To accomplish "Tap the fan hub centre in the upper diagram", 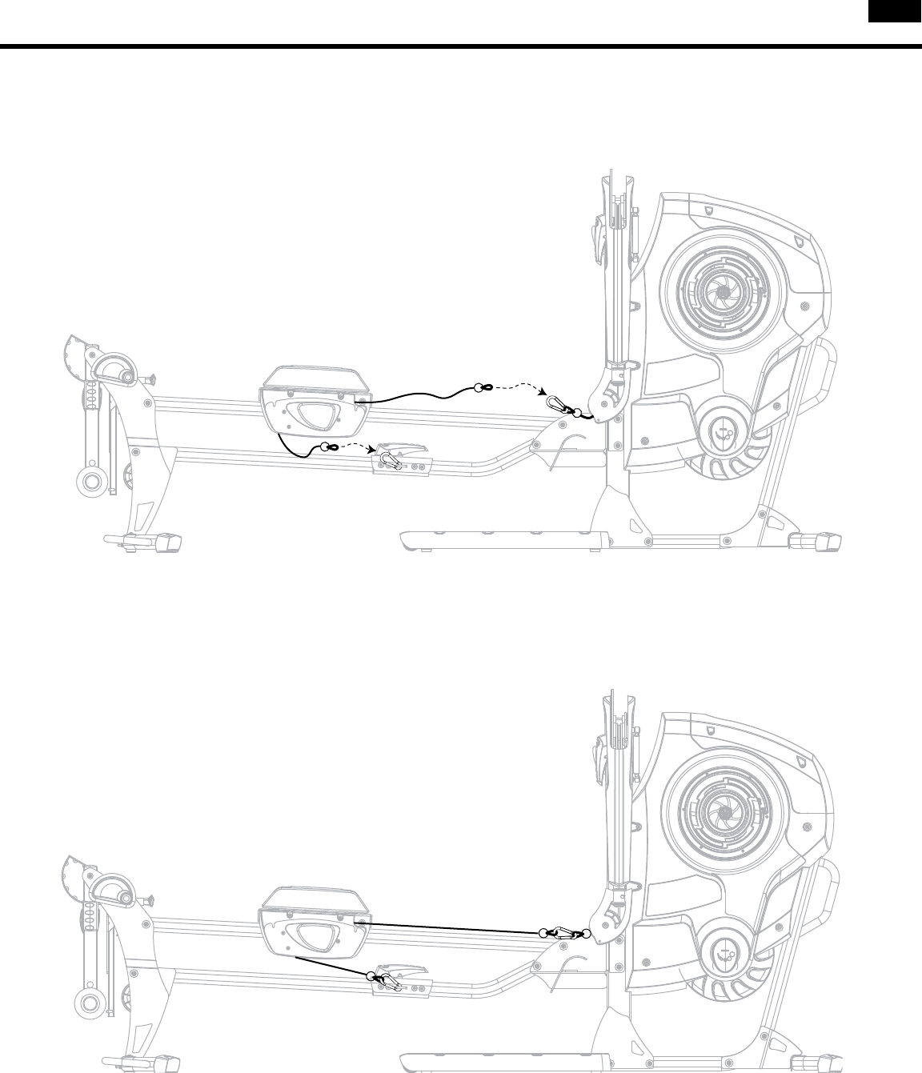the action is coord(724,294).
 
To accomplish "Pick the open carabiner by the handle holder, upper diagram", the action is coord(557,403).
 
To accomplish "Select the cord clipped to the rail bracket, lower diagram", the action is coord(332,966).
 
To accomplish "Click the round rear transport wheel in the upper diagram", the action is coord(91,482).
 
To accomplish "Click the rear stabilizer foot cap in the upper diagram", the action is coord(166,541).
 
